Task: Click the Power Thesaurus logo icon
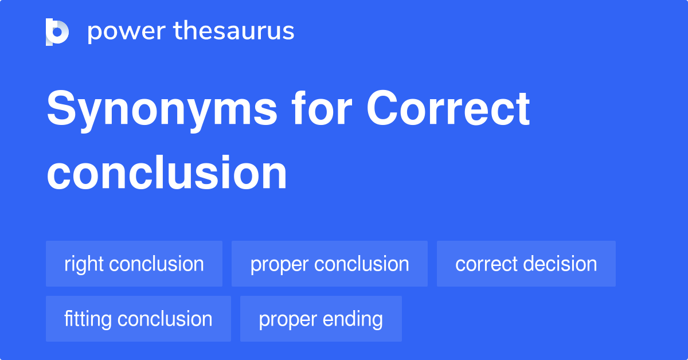[x=57, y=32]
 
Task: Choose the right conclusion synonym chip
[x=134, y=264]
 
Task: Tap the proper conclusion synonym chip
[x=330, y=264]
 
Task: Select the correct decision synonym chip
[x=526, y=264]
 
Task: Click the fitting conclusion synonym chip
[x=138, y=319]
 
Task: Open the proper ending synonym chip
[x=321, y=319]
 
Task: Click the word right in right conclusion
[x=84, y=264]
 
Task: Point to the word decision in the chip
[x=563, y=264]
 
